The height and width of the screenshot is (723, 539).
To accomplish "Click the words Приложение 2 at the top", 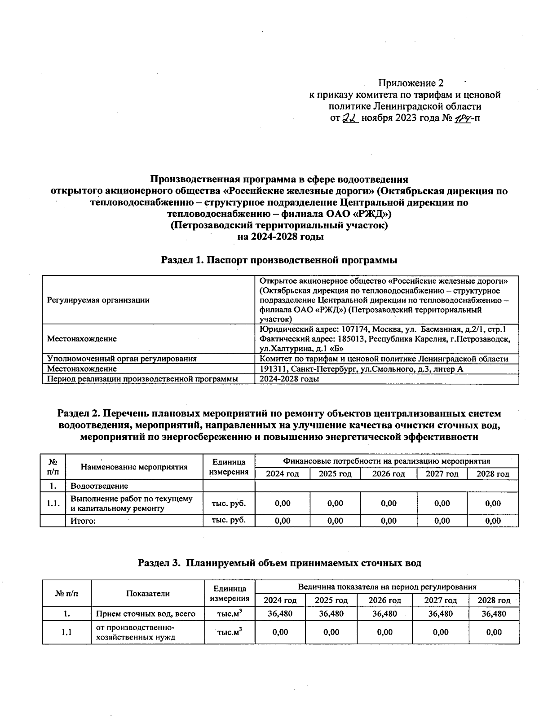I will [x=411, y=83].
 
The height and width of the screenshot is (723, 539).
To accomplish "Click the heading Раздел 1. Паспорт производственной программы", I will [x=279, y=260].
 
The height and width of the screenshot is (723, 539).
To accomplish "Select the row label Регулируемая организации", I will [x=98, y=300].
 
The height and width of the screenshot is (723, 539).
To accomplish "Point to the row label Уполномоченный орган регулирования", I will [x=122, y=359].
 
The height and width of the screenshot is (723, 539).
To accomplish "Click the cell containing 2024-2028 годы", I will [x=290, y=379].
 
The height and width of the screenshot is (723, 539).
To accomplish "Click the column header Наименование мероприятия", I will [x=134, y=467].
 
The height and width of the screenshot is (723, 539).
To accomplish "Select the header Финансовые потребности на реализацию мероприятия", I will [x=386, y=461].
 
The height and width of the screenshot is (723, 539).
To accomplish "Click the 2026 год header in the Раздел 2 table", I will [x=389, y=474].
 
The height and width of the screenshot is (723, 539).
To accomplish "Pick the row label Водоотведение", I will [x=99, y=486].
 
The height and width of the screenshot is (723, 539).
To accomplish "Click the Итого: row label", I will [x=84, y=521].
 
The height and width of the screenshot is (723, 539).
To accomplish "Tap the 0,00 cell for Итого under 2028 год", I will [x=493, y=521].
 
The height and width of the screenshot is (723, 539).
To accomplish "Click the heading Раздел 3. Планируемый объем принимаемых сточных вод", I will [x=279, y=563].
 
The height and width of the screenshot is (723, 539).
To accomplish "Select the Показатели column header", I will [x=148, y=593].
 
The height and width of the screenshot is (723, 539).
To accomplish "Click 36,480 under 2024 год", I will [x=280, y=613].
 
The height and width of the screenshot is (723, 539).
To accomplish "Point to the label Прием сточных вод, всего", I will [x=146, y=613].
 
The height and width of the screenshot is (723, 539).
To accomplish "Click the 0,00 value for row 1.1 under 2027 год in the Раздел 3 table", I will [x=440, y=632].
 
